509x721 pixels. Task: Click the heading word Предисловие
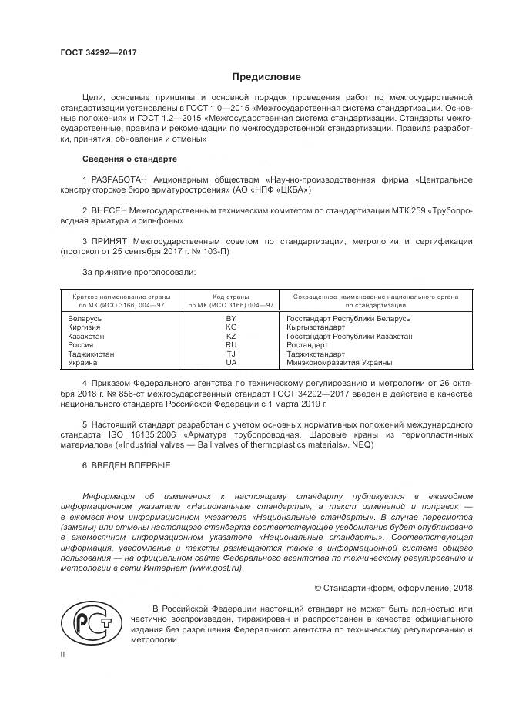pyautogui.click(x=266, y=77)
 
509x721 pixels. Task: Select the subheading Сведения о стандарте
pyautogui.click(x=129, y=159)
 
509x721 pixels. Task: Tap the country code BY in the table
pyautogui.click(x=231, y=318)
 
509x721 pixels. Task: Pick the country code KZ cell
pyautogui.click(x=231, y=336)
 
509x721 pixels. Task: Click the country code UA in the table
pyautogui.click(x=231, y=362)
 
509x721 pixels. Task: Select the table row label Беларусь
pyautogui.click(x=85, y=318)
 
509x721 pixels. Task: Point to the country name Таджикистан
pyautogui.click(x=91, y=354)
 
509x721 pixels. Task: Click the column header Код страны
pyautogui.click(x=231, y=296)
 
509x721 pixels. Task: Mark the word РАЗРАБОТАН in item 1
pyautogui.click(x=122, y=179)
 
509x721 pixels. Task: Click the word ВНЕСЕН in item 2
pyautogui.click(x=112, y=210)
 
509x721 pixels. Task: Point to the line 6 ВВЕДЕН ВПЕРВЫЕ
pyautogui.click(x=126, y=465)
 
